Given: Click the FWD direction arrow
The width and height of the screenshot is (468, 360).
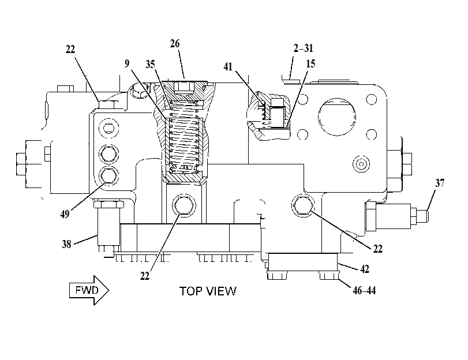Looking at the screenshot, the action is point(89,290).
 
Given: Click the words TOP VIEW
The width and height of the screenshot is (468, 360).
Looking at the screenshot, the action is point(208,291).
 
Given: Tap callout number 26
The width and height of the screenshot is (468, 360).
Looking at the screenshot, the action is point(175,44).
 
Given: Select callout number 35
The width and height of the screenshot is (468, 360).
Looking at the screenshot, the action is point(151,64).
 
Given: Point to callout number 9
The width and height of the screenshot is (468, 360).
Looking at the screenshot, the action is point(128,63).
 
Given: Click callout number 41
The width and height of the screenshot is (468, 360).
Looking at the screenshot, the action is point(228,66).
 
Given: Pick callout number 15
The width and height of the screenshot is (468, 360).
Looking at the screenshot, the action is point(310,63).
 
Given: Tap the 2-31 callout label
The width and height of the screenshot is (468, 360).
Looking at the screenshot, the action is point(303,48).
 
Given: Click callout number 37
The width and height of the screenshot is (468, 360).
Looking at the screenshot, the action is point(440,183).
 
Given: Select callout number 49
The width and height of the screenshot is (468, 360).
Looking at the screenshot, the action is point(65,214).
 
